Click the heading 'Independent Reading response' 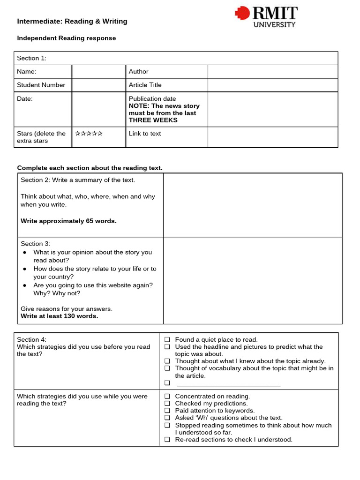pyautogui.click(x=66, y=38)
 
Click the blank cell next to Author pyautogui.click(x=272, y=72)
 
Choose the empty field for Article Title pyautogui.click(x=272, y=85)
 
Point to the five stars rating pyautogui.click(x=89, y=134)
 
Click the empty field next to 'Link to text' pyautogui.click(x=272, y=137)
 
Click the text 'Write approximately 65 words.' pyautogui.click(x=68, y=221)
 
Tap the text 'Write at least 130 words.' pyautogui.click(x=60, y=316)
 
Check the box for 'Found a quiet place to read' pyautogui.click(x=167, y=340)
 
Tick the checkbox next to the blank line pyautogui.click(x=167, y=383)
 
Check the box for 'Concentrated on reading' pyautogui.click(x=167, y=397)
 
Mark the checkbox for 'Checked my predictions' pyautogui.click(x=167, y=404)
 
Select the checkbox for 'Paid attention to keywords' pyautogui.click(x=167, y=411)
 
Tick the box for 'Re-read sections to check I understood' pyautogui.click(x=167, y=440)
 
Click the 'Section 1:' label pyautogui.click(x=32, y=58)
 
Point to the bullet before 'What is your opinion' pyautogui.click(x=25, y=253)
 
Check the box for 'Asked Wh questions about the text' pyautogui.click(x=167, y=418)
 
